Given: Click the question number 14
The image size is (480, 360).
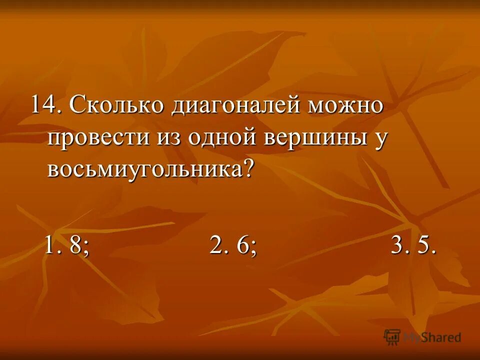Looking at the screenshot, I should [44, 105].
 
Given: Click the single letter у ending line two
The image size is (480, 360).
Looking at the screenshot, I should [380, 139].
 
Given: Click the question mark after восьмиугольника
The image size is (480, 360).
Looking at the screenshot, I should [248, 168].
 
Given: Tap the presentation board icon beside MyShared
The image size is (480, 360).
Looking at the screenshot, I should [392, 336].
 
